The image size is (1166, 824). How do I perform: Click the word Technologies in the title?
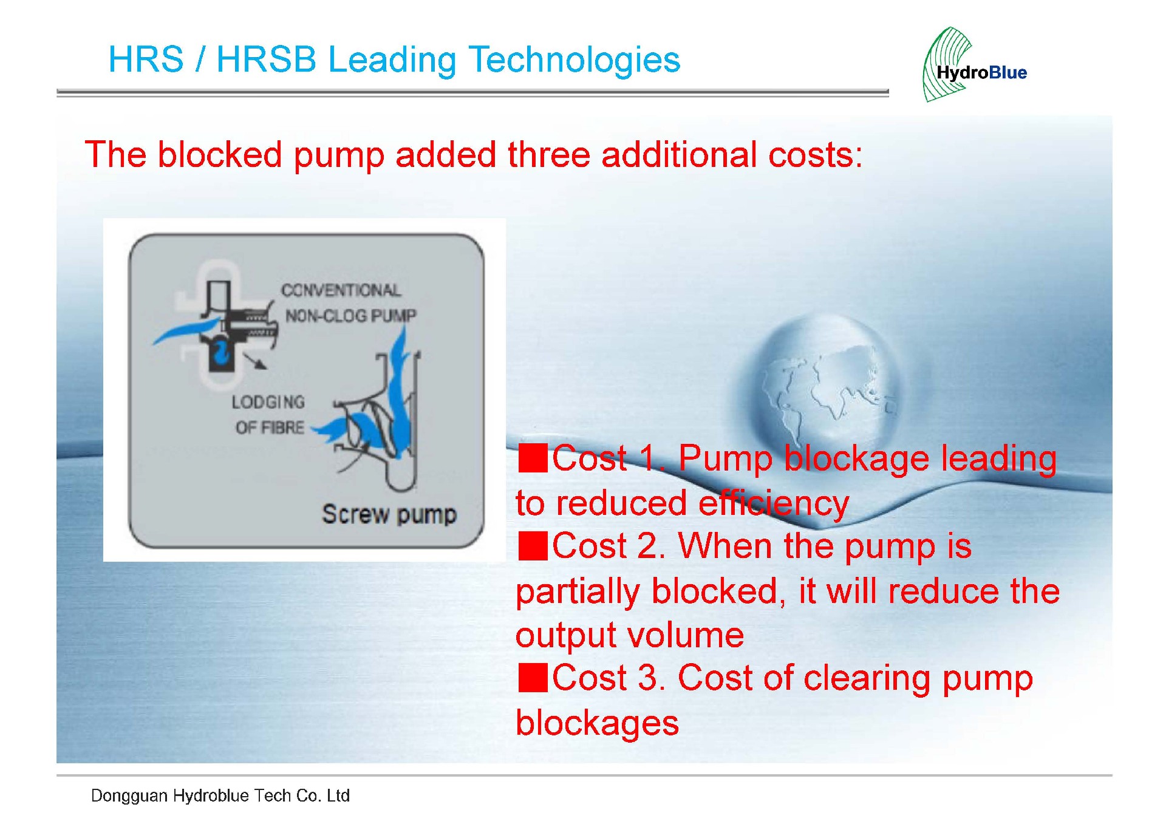pyautogui.click(x=574, y=60)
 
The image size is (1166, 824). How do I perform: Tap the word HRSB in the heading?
pyautogui.click(x=267, y=60)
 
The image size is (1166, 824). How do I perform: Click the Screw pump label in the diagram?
pyautogui.click(x=389, y=514)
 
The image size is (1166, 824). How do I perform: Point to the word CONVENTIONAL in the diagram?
pyautogui.click(x=341, y=290)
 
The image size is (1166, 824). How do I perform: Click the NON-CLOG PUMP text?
pyautogui.click(x=351, y=316)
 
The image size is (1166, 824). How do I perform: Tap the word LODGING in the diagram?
pyautogui.click(x=268, y=402)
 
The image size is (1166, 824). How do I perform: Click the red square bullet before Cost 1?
pyautogui.click(x=533, y=458)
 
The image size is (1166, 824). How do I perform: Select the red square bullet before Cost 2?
pyautogui.click(x=533, y=545)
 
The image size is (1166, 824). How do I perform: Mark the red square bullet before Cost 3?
pyautogui.click(x=533, y=678)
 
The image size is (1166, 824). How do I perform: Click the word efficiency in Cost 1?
pyautogui.click(x=774, y=504)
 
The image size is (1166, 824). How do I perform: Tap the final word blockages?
pyautogui.click(x=597, y=724)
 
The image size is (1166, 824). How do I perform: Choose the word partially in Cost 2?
pyautogui.click(x=578, y=592)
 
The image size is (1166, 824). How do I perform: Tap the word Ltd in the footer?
pyautogui.click(x=338, y=795)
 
